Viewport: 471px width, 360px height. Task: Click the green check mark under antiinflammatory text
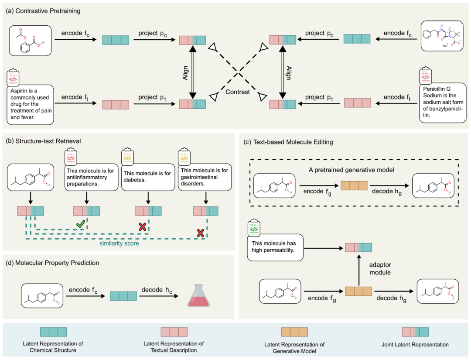pos(81,224)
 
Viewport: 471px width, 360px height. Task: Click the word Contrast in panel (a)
pos(238,93)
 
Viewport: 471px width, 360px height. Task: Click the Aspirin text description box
pos(30,102)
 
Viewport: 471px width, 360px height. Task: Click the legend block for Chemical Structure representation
pos(53,332)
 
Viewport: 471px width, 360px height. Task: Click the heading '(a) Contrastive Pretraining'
pos(43,11)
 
